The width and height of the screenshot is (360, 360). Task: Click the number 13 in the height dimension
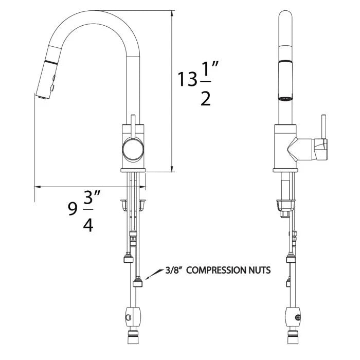tap(187, 79)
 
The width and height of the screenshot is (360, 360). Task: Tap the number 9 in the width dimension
tap(73, 209)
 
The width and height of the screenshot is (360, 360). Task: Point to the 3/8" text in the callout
tap(174, 270)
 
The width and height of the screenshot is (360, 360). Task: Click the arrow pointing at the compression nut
tap(153, 274)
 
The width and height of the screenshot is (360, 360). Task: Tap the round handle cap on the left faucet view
tap(133, 149)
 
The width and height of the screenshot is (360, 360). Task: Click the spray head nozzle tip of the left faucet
tap(43, 97)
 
